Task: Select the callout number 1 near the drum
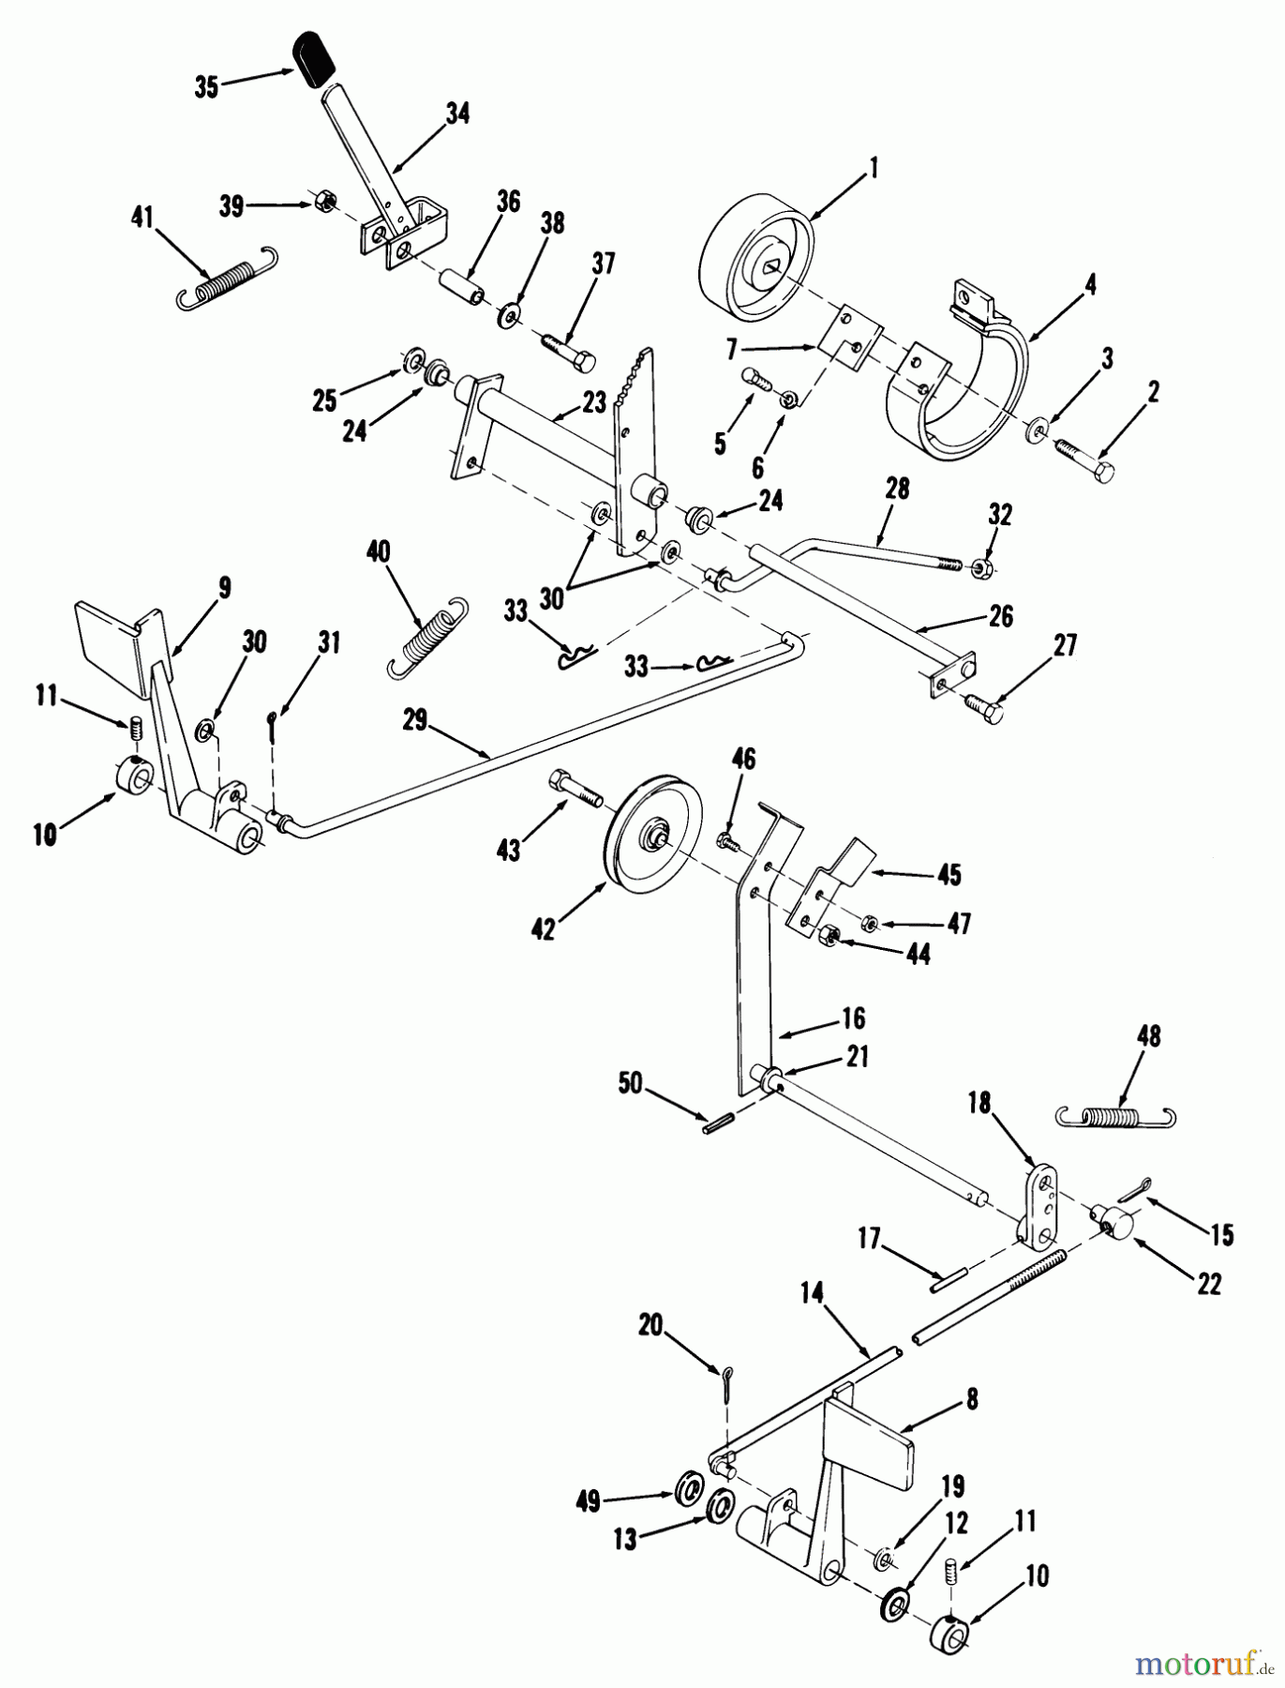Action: click(873, 170)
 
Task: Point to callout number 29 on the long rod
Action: click(414, 720)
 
